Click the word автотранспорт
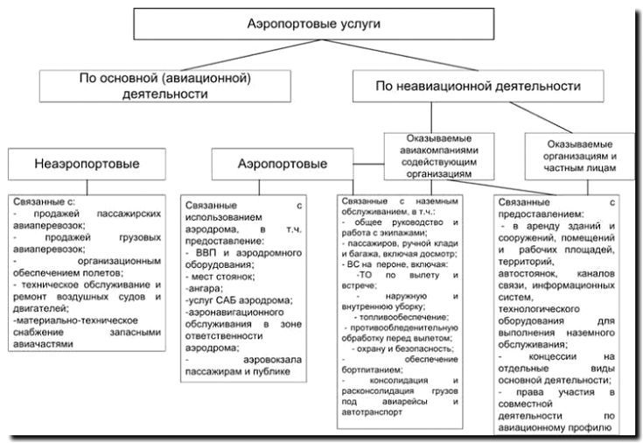tap(374, 410)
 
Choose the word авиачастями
tap(43, 345)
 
